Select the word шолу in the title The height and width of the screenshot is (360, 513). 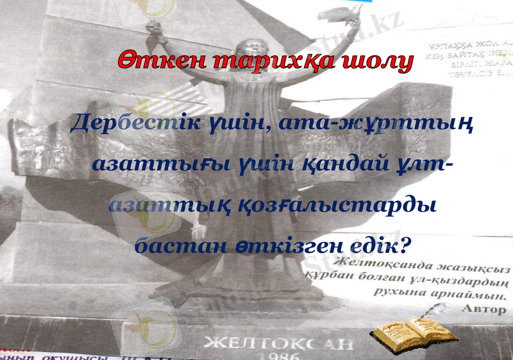click(x=378, y=61)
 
